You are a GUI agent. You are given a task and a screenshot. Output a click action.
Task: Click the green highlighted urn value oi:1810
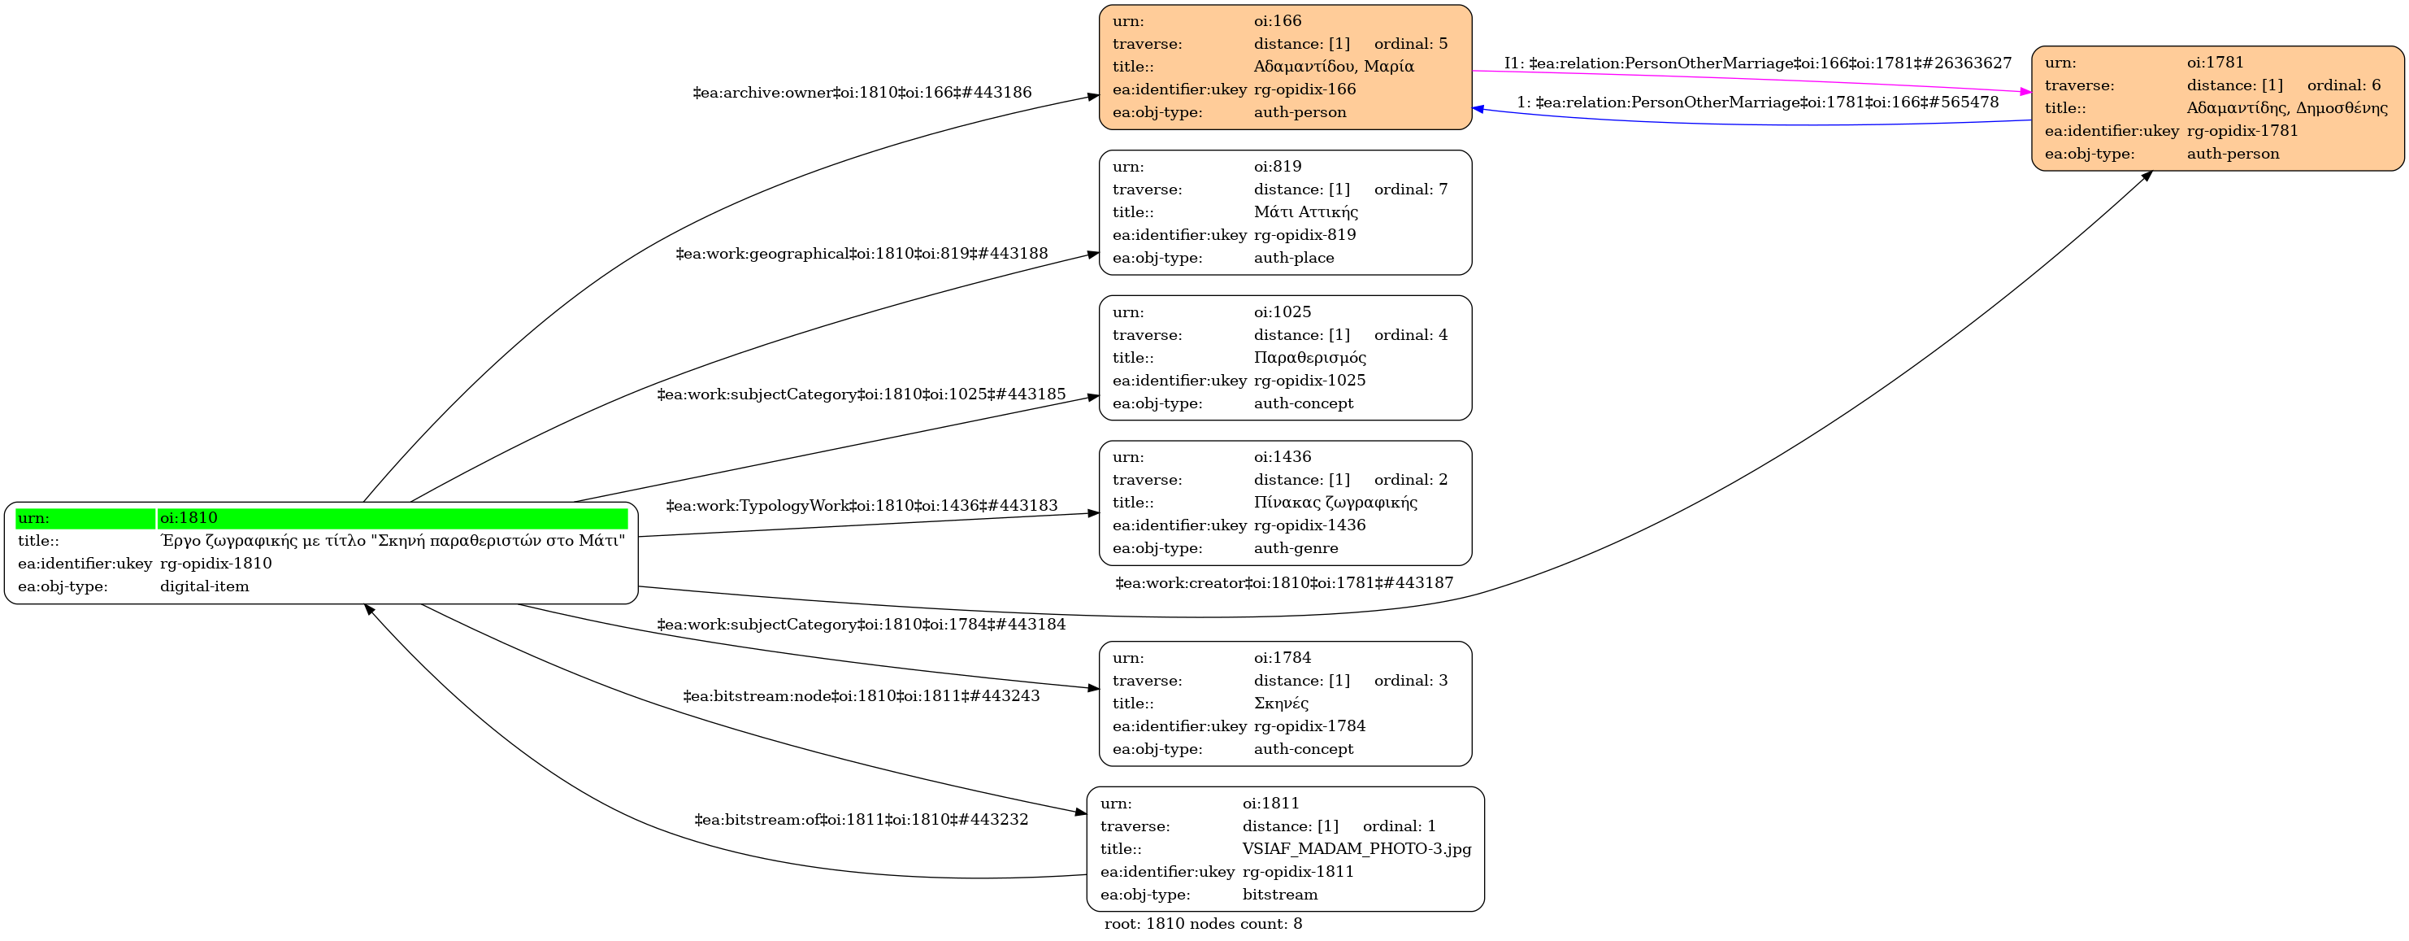189,518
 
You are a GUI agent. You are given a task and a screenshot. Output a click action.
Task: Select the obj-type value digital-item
204,586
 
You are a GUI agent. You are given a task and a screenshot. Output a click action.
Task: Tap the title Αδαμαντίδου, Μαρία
1334,67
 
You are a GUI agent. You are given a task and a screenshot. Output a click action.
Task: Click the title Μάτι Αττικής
1305,212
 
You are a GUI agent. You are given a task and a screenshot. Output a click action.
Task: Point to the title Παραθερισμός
1309,357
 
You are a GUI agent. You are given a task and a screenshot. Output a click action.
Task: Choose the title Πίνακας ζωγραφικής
1335,503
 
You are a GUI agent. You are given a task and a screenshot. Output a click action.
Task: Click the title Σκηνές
1281,704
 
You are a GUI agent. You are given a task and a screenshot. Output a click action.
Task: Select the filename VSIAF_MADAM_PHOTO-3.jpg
1356,849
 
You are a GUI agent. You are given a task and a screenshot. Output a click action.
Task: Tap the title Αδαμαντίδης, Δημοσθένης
2286,107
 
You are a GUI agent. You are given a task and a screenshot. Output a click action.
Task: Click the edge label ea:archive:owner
862,93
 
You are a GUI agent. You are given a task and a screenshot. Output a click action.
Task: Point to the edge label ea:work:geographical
862,254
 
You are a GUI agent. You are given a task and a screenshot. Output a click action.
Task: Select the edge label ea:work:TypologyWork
862,506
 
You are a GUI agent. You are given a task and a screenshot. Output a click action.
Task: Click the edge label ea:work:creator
1284,583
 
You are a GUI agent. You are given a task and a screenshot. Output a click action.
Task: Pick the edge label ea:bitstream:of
861,819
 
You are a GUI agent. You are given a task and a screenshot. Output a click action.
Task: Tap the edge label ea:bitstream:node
861,696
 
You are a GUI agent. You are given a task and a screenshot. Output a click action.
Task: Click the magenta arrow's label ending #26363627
1757,63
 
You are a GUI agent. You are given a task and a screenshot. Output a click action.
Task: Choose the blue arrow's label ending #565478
1757,102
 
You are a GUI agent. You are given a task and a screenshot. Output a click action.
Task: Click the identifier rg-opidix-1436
1309,525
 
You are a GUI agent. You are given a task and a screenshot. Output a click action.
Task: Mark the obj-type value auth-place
1293,258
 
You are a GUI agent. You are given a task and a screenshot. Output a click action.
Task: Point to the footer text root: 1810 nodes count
1203,924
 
